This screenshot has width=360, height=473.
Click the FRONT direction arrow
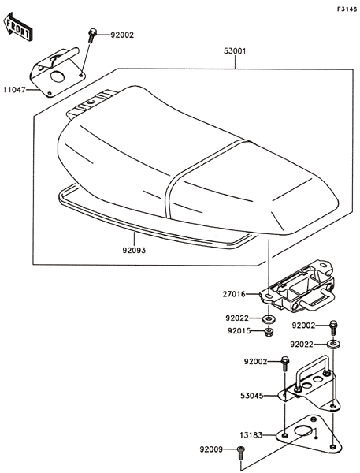pyautogui.click(x=18, y=27)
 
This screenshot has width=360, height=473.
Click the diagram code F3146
pyautogui.click(x=347, y=9)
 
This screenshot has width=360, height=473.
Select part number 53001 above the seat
pyautogui.click(x=235, y=51)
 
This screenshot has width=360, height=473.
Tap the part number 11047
pyautogui.click(x=14, y=90)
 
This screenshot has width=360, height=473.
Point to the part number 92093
pyautogui.click(x=134, y=251)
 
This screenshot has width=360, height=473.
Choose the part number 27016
pyautogui.click(x=234, y=294)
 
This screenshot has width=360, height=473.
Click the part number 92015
pyautogui.click(x=239, y=331)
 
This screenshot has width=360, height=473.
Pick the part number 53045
pyautogui.click(x=252, y=395)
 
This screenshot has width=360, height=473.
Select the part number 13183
pyautogui.click(x=251, y=435)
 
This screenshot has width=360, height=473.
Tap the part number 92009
pyautogui.click(x=211, y=450)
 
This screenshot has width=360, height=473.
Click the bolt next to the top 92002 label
pyautogui.click(x=92, y=35)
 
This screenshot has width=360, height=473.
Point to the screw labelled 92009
pyautogui.click(x=240, y=453)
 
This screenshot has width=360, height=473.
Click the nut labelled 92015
pyautogui.click(x=268, y=332)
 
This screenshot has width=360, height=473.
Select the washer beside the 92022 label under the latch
pyautogui.click(x=268, y=318)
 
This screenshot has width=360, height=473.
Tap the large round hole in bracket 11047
pyautogui.click(x=58, y=76)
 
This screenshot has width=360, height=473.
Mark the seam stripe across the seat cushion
pyautogui.click(x=196, y=175)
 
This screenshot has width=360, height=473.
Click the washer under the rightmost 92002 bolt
pyautogui.click(x=333, y=344)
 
